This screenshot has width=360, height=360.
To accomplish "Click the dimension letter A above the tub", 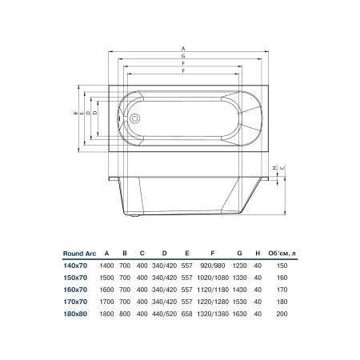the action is tap(183, 49).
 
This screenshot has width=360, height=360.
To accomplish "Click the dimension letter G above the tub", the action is tap(183, 56).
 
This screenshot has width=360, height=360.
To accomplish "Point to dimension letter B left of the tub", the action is tap(75, 113).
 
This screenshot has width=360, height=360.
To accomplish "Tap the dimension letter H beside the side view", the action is tap(274, 168).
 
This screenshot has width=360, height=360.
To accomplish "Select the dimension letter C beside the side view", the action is tap(282, 168).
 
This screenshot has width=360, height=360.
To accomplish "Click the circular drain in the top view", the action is tap(134, 118).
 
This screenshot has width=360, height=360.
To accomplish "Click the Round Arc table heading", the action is tap(79, 254).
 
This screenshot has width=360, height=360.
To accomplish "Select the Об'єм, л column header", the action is tap(282, 254).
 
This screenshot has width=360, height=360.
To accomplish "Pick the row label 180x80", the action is tap(75, 314).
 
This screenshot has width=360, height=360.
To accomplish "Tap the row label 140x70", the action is tap(75, 266).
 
